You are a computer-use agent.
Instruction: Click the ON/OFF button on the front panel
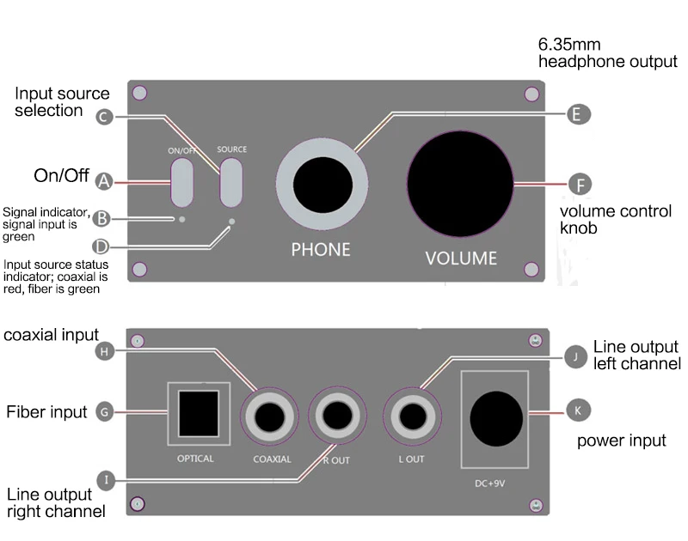[x=181, y=182]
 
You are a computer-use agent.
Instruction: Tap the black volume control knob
[x=460, y=184]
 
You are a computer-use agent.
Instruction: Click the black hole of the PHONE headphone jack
[x=322, y=185]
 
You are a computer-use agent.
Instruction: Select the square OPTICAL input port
[x=199, y=414]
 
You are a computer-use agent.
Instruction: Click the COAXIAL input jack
[x=269, y=416]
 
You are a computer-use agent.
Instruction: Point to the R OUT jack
[x=337, y=416]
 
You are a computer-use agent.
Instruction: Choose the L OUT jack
[x=413, y=416]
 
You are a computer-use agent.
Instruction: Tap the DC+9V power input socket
[x=496, y=419]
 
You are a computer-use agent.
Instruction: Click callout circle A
[x=104, y=181]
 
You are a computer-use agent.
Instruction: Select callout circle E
[x=579, y=114]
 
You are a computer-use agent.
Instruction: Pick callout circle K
[x=578, y=410]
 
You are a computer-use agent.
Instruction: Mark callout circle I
[x=106, y=480]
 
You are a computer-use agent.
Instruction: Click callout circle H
[x=104, y=351]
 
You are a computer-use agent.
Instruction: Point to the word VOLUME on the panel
[x=461, y=258]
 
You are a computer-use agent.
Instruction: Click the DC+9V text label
[x=489, y=483]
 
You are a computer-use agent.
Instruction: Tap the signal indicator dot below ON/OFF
[x=182, y=219]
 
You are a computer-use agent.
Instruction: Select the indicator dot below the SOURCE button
[x=231, y=222]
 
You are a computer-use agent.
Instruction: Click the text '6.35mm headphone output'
[x=608, y=53]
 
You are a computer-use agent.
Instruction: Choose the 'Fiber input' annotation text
[x=46, y=412]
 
